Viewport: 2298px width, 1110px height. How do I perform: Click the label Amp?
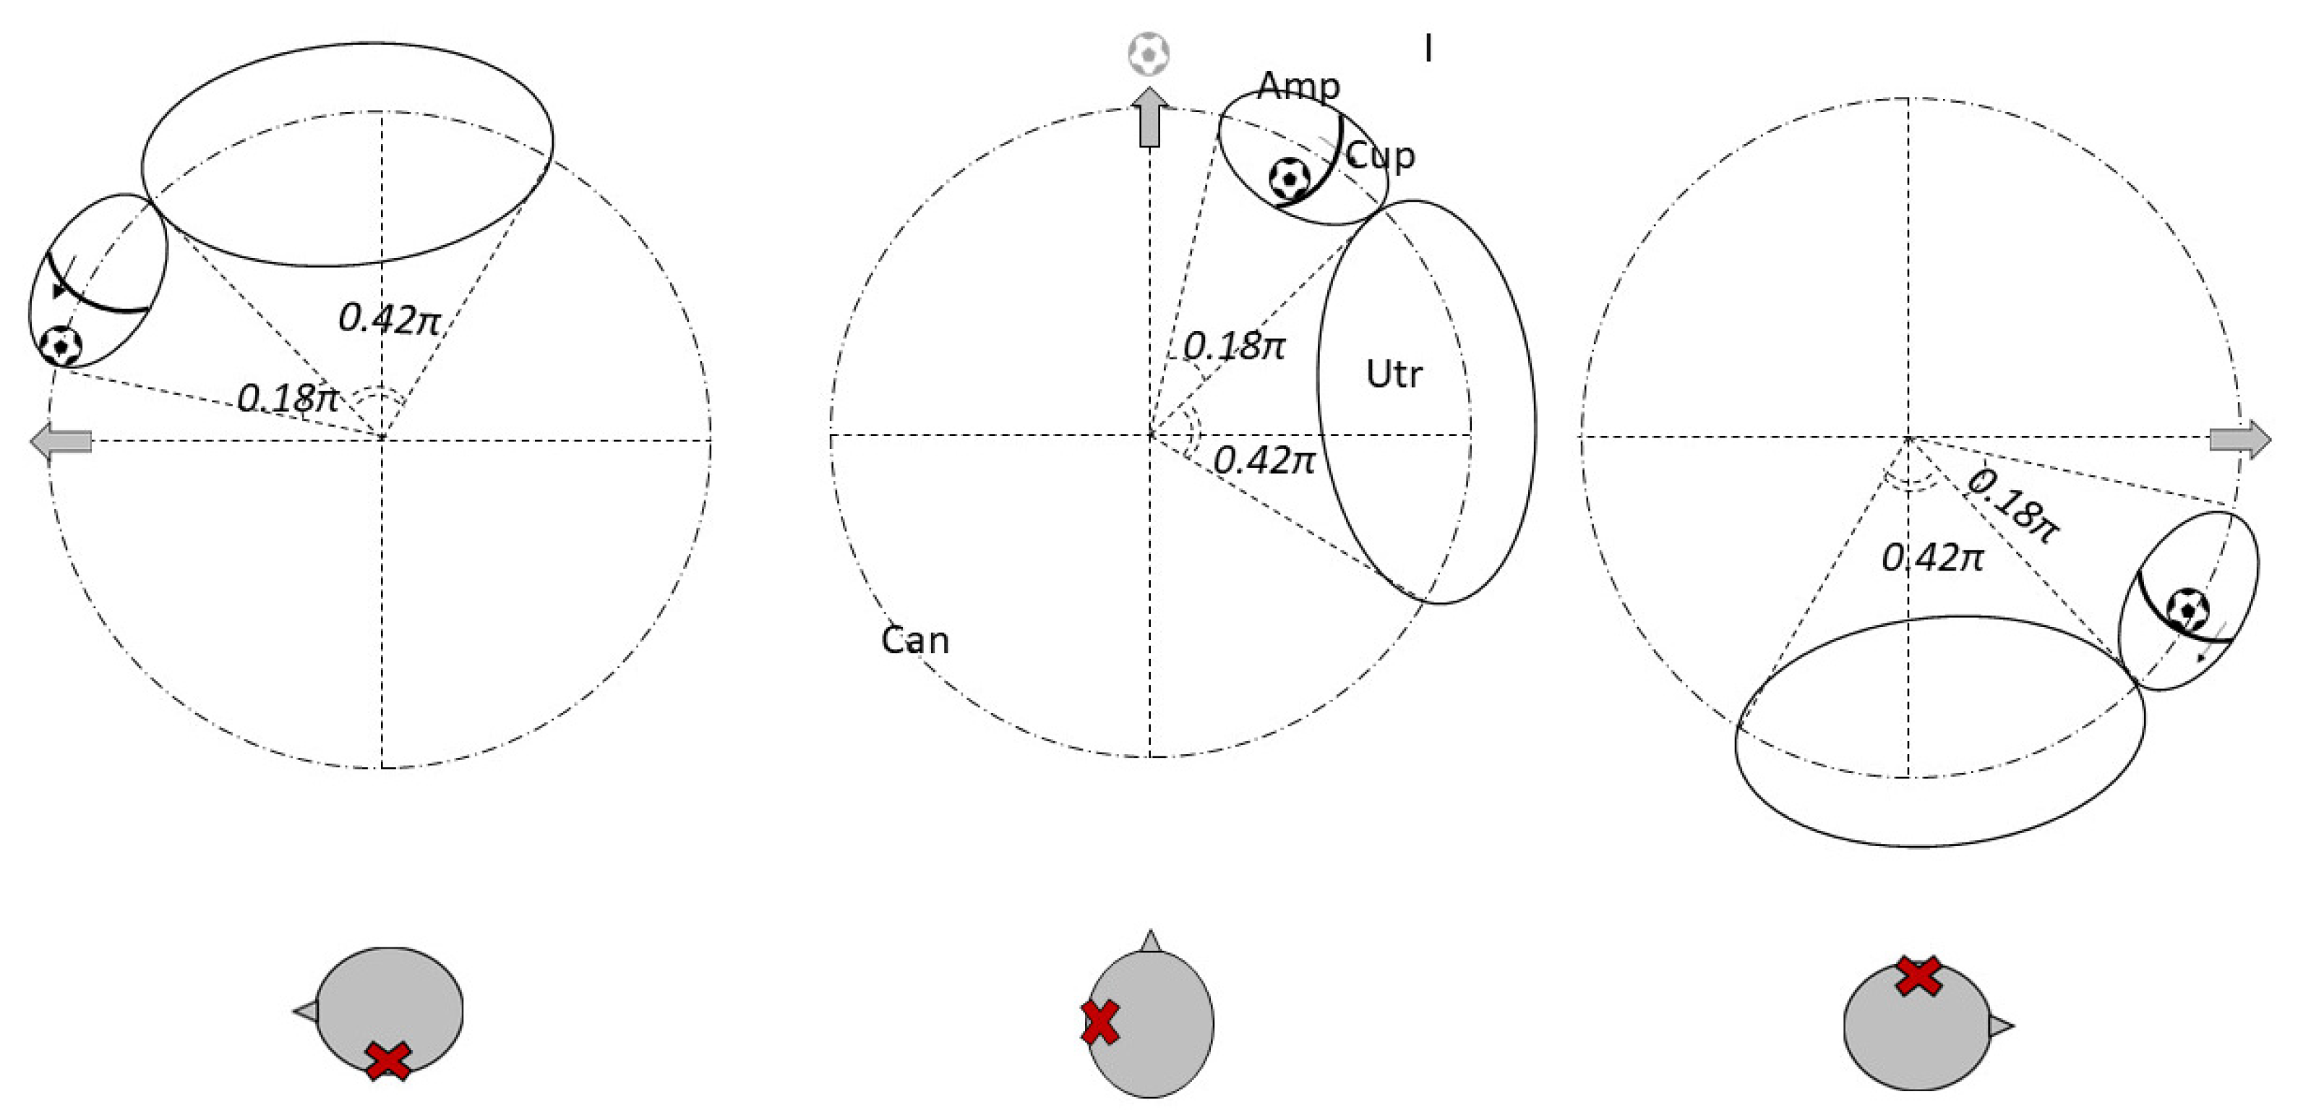pyautogui.click(x=1298, y=87)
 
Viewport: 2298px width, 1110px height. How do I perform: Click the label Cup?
pyautogui.click(x=1380, y=157)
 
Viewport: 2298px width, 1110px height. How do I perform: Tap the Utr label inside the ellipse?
pyautogui.click(x=1394, y=374)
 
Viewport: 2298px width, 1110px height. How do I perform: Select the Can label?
pyautogui.click(x=914, y=641)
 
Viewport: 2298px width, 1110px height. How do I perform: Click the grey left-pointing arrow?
pyautogui.click(x=61, y=441)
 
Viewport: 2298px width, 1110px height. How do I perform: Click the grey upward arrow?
pyautogui.click(x=1150, y=117)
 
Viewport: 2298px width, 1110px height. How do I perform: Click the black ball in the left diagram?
pyautogui.click(x=61, y=344)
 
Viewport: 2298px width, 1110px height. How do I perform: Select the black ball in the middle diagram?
pyautogui.click(x=1289, y=179)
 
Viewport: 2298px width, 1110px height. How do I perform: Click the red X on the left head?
pyautogui.click(x=388, y=1061)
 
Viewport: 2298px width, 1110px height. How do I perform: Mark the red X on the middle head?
pyautogui.click(x=1100, y=1023)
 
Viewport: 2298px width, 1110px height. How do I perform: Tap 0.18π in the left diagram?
pyautogui.click(x=287, y=398)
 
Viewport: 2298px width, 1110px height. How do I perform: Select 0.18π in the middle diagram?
pyautogui.click(x=1234, y=346)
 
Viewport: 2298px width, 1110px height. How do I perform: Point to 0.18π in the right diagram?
pyautogui.click(x=2013, y=505)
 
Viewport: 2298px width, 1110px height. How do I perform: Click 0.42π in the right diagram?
pyautogui.click(x=1933, y=558)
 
